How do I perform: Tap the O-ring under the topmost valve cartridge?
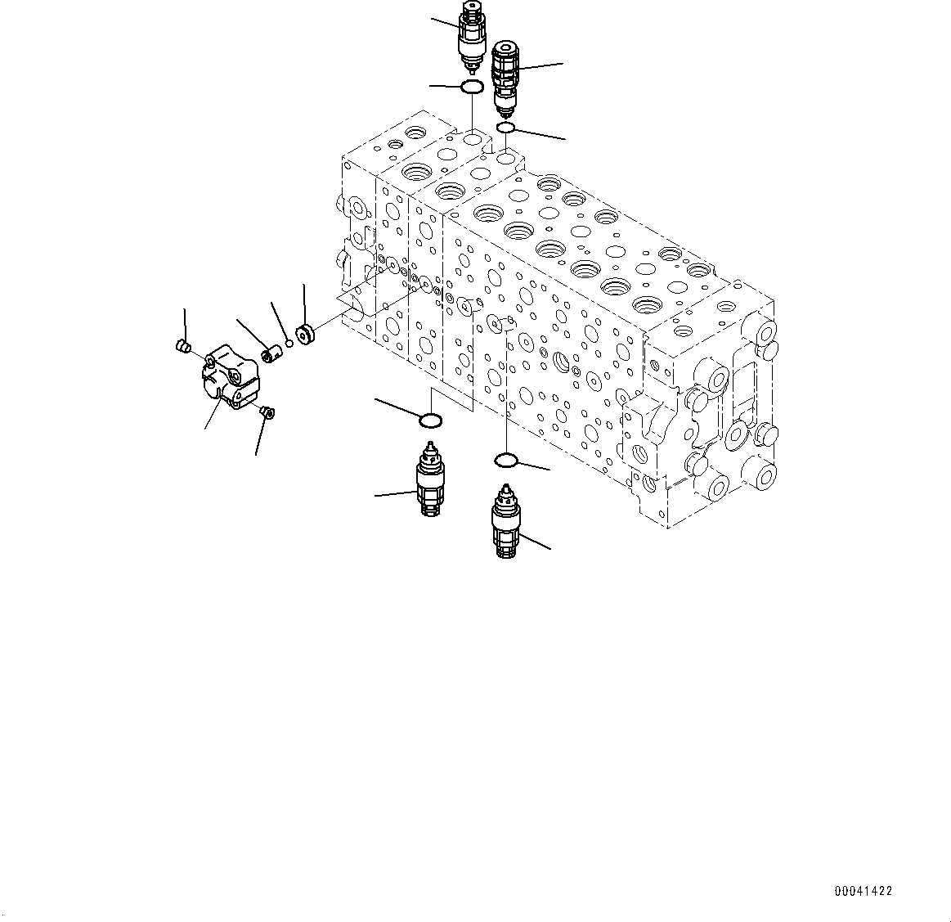(472, 87)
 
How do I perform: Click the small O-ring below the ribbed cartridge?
(505, 127)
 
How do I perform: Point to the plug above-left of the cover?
(184, 348)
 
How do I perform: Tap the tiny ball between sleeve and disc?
(289, 343)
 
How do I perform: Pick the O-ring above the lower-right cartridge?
(506, 461)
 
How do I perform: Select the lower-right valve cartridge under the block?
(505, 524)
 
